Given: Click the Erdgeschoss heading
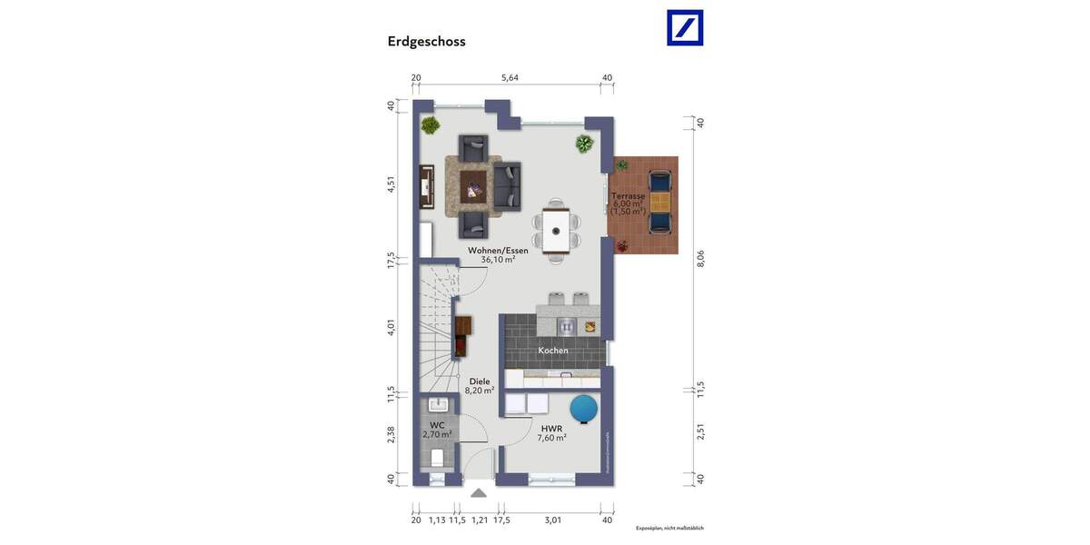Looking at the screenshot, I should coord(426,41).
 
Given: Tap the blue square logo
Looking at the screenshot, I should coord(685,27).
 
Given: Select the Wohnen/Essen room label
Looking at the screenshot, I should coord(498,251).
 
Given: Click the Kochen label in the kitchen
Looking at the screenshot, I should coord(553,351).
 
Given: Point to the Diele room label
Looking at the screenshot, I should coord(480,382).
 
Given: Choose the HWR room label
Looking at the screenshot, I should coord(551,428).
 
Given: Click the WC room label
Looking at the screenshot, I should coord(437,425).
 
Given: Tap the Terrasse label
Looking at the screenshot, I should coord(628,196).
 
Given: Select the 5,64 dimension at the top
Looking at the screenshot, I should coord(510,78).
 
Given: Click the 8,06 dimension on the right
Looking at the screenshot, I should coord(700,259).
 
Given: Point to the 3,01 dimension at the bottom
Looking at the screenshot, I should coord(552,520).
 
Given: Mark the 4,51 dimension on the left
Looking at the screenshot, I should coord(391,183).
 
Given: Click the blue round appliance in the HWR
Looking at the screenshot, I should coord(583,409).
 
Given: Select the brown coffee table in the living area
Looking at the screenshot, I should coord(473,185).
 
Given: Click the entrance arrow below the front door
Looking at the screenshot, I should coord(478,493).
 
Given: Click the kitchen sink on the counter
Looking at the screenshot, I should coord(567,326).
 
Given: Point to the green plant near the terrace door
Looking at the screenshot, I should coord(583,144).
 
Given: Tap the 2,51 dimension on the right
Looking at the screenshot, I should coord(700,431).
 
